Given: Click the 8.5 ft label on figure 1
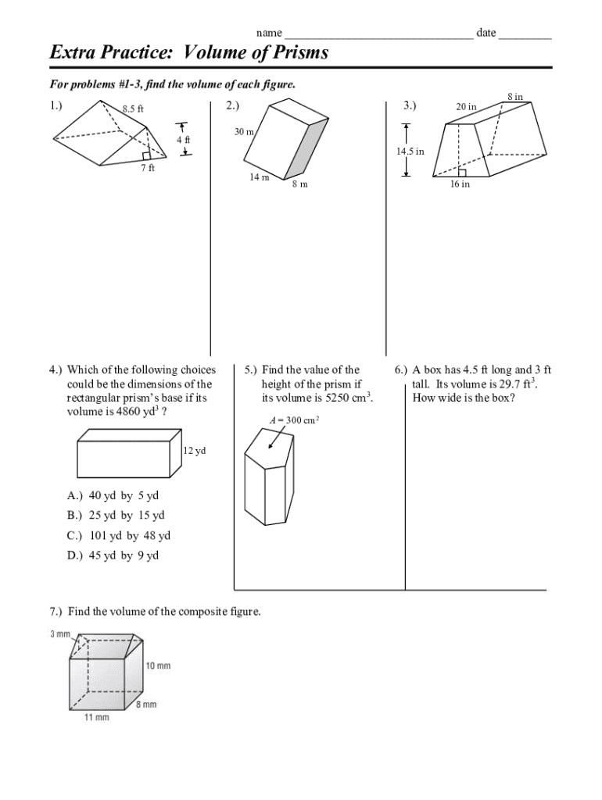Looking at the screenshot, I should [x=133, y=109].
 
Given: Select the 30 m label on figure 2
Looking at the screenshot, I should [x=244, y=132].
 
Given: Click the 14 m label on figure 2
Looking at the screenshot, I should [x=260, y=177].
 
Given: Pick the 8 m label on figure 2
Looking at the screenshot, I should [x=299, y=184].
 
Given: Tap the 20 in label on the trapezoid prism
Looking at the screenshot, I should [x=467, y=107].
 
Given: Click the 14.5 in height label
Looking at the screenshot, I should [x=410, y=151].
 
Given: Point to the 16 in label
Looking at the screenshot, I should [x=460, y=184].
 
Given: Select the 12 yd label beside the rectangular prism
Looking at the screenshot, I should [x=194, y=452].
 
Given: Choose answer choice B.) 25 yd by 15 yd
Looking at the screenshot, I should [x=116, y=516].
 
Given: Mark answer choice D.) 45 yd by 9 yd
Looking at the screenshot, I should [x=113, y=555].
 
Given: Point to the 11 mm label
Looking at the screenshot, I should [x=97, y=717].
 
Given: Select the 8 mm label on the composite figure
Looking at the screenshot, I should [x=145, y=705].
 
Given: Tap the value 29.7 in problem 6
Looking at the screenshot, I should [x=512, y=384].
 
